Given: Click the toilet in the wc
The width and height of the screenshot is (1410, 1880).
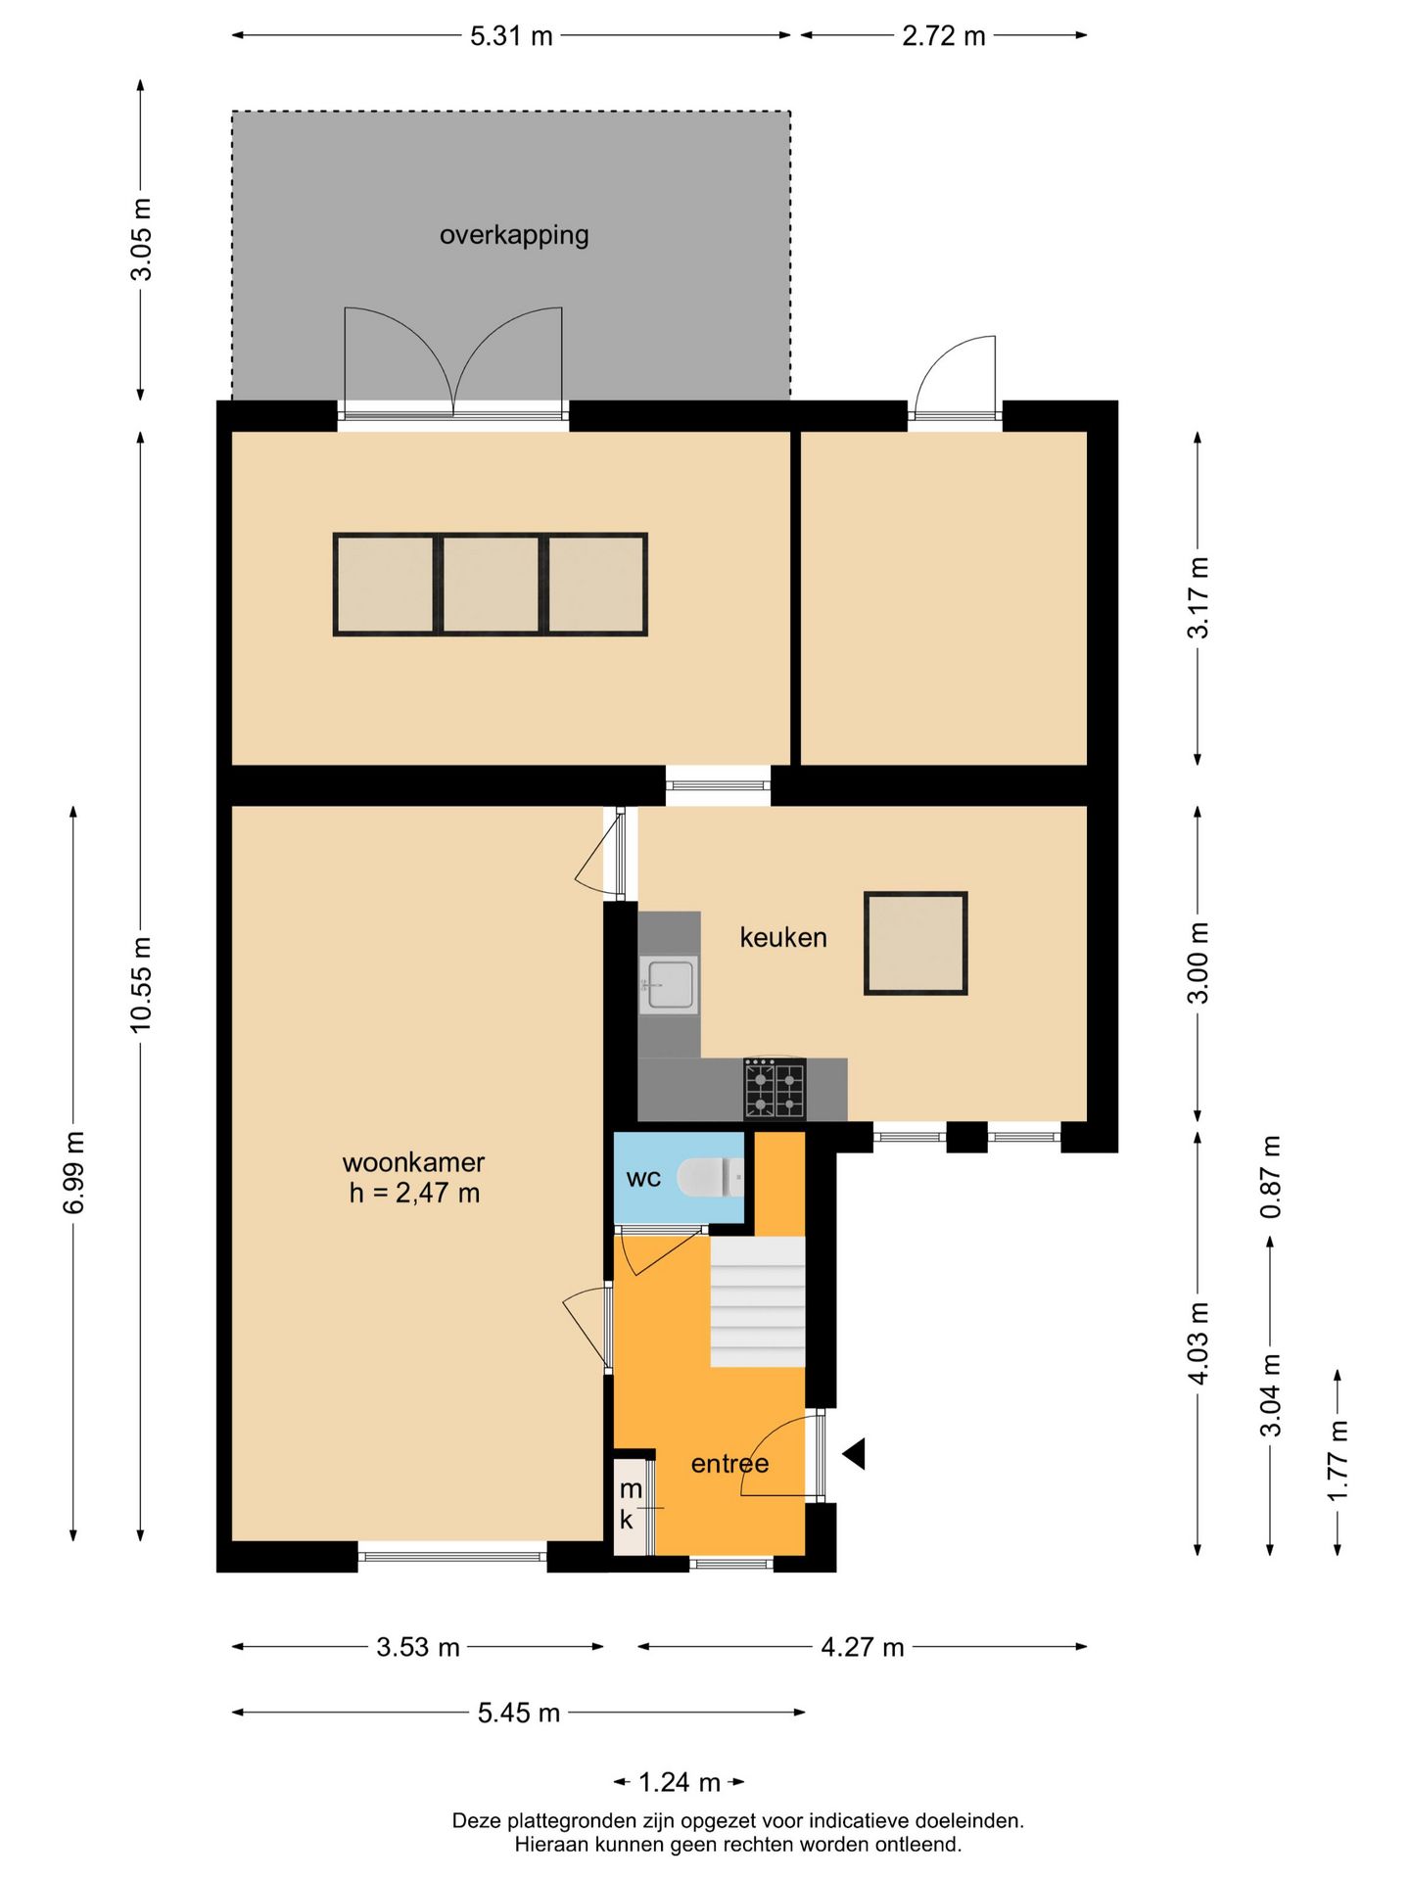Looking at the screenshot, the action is pyautogui.click(x=711, y=1177).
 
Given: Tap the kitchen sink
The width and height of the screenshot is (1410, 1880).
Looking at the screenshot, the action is pyautogui.click(x=669, y=984).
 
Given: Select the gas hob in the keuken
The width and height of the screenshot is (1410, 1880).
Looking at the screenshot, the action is pyautogui.click(x=775, y=1088).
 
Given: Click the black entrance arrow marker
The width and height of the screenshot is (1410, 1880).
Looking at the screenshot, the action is pyautogui.click(x=854, y=1454).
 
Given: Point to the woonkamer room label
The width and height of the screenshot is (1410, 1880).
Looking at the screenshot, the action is pyautogui.click(x=413, y=1162).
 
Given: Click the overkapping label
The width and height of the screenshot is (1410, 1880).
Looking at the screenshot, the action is pyautogui.click(x=514, y=235).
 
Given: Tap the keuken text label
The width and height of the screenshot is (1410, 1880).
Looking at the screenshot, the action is pyautogui.click(x=783, y=937).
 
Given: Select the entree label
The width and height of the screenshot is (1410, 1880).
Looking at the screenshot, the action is pyautogui.click(x=729, y=1464).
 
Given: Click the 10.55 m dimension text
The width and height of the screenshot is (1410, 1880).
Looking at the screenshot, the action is pyautogui.click(x=141, y=984).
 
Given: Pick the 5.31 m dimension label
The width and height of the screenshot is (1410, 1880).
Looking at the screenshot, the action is pyautogui.click(x=511, y=36).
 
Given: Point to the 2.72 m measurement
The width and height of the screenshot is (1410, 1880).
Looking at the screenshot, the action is pyautogui.click(x=944, y=36).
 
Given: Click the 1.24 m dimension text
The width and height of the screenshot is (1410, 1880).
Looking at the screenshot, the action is pyautogui.click(x=680, y=1782).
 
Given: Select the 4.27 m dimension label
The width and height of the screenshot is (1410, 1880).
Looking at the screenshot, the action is pyautogui.click(x=863, y=1647).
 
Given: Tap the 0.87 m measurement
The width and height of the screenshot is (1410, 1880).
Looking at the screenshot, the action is pyautogui.click(x=1270, y=1177).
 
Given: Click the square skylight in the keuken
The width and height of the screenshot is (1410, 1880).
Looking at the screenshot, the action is pyautogui.click(x=916, y=943).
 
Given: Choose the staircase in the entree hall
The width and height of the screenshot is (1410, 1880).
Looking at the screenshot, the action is pyautogui.click(x=758, y=1301).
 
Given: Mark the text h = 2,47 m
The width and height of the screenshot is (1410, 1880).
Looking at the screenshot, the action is pyautogui.click(x=414, y=1193).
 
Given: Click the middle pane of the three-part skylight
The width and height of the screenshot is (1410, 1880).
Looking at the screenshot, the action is pyautogui.click(x=491, y=585).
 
